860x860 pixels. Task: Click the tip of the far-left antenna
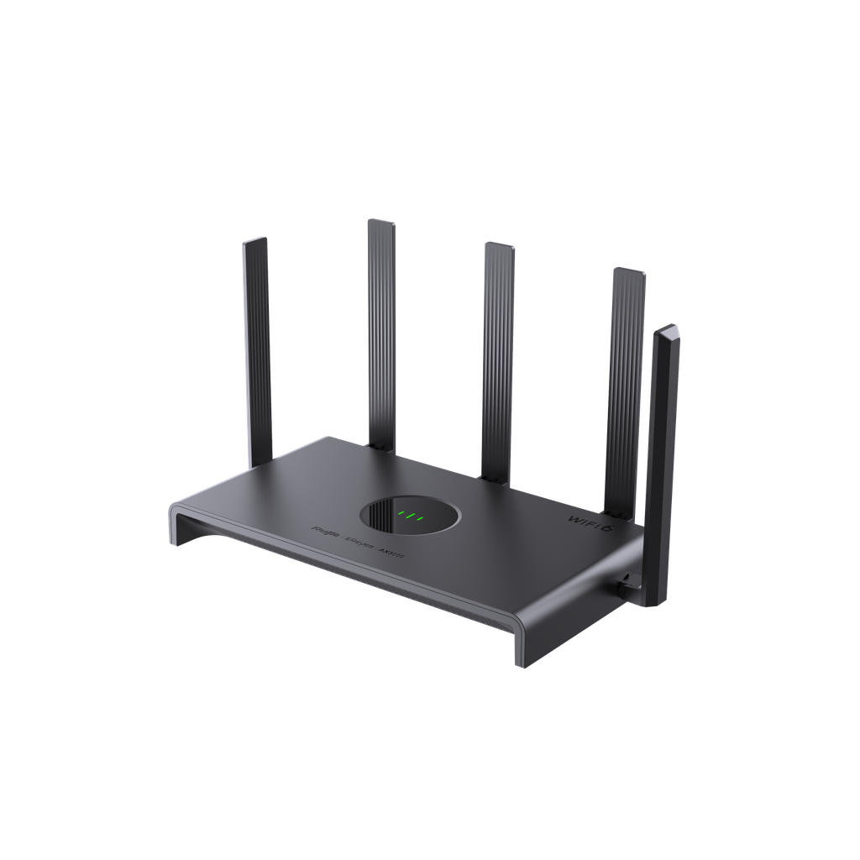[x=255, y=242]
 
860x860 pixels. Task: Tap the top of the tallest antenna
[x=380, y=223]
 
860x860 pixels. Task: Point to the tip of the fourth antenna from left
[x=629, y=271]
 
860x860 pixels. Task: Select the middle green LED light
[x=411, y=516]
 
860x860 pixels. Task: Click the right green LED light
[x=420, y=518]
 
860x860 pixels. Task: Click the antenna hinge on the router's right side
[x=627, y=582]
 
